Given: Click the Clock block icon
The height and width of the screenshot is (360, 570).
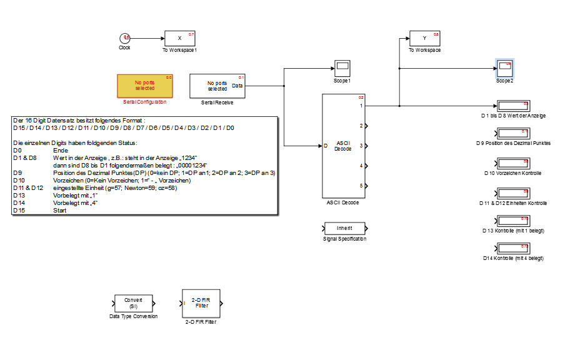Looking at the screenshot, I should [125, 39].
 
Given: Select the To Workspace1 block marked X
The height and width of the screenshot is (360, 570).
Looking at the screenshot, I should [180, 38].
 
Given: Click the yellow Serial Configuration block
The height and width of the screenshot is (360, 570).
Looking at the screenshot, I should [145, 86].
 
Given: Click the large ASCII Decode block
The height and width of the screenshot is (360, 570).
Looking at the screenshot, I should [343, 145].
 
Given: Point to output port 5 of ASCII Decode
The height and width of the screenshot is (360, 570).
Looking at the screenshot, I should [366, 186].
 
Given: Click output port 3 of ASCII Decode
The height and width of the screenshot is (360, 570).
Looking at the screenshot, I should [366, 146].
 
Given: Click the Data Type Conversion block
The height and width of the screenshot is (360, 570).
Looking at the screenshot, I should [132, 303].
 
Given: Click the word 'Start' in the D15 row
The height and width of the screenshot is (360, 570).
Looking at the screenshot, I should [61, 211].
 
